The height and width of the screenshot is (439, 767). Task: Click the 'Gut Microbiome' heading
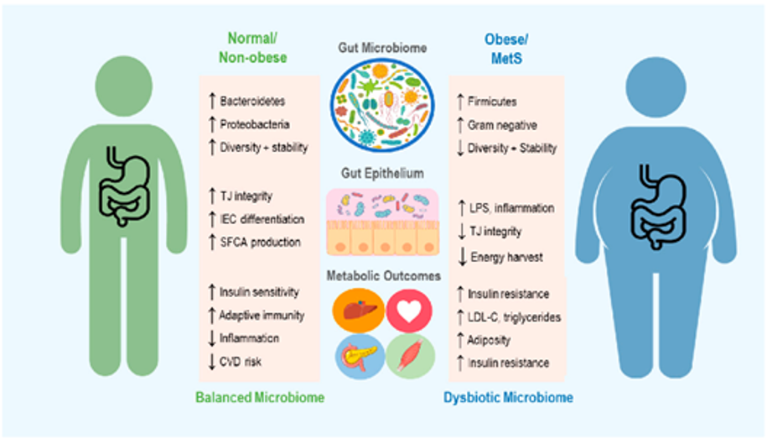(381, 49)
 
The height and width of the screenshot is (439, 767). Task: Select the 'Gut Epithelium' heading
(381, 174)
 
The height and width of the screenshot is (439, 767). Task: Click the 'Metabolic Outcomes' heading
(381, 276)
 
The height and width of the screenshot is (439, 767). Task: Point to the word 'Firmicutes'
(492, 102)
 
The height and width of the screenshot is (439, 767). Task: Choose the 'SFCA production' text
(262, 243)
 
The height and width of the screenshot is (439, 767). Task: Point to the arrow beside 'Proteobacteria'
(212, 124)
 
